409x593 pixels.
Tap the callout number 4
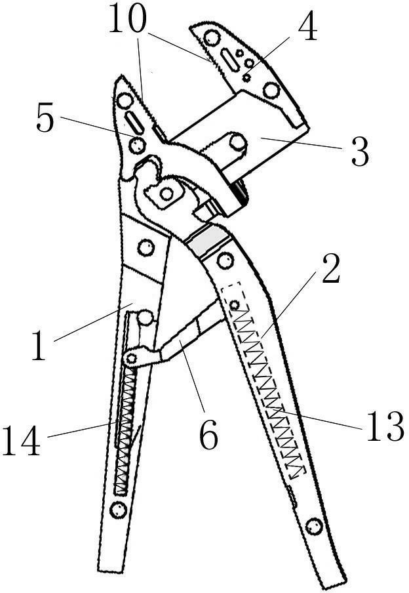coord(307,28)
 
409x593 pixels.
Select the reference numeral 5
coord(45,119)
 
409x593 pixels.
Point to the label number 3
coord(359,152)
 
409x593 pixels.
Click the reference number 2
coord(331,270)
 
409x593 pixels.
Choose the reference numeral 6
coord(208,435)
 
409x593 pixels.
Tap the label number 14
coord(21,441)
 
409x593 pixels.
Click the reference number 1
coord(39,345)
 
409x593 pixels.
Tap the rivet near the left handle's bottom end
coord(118,510)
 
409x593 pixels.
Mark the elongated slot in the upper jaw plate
coord(230,60)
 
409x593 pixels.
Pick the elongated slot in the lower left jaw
coord(134,122)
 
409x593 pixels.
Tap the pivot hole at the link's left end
coord(131,358)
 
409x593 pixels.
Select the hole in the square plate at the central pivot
coord(166,194)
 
